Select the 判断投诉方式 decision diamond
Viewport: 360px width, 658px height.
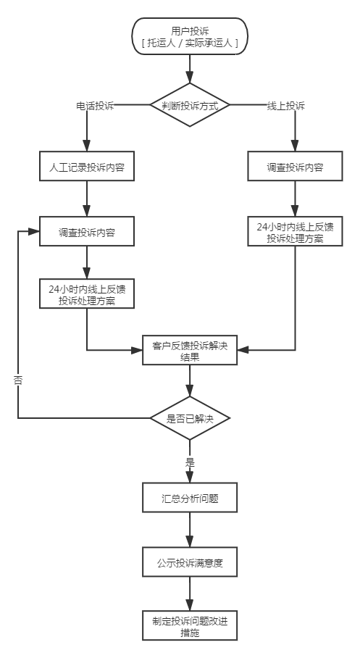pos(190,106)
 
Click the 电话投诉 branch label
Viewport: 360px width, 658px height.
pos(95,106)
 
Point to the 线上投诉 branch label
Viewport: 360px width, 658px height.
pos(285,106)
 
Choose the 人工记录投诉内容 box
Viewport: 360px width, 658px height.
pos(87,167)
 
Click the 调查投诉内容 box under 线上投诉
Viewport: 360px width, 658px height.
pos(295,167)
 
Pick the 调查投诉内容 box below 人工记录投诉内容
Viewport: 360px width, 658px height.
pos(87,233)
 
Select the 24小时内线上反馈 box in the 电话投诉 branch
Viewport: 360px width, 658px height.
pos(87,294)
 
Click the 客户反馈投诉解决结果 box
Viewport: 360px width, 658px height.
pos(190,351)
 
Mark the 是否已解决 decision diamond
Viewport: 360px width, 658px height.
pos(190,419)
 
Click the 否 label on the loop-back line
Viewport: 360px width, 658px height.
pos(18,380)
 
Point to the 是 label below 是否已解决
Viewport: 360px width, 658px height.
pos(190,461)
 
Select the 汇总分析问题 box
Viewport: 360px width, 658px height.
pos(190,499)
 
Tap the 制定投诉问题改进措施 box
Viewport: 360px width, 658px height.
pos(190,626)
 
